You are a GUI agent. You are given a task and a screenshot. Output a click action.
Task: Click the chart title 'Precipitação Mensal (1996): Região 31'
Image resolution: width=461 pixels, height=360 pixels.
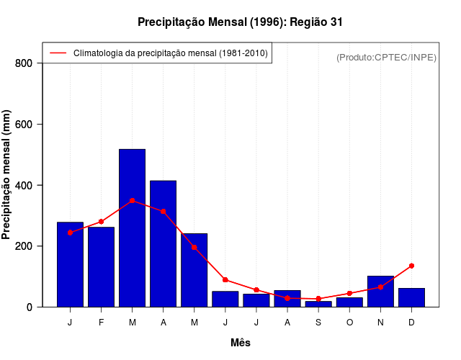pos(240,22)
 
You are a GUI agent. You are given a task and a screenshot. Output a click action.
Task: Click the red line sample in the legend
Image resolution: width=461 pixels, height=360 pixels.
pos(58,53)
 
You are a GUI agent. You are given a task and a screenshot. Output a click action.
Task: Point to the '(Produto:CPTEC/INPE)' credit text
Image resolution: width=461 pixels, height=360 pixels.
pos(386,57)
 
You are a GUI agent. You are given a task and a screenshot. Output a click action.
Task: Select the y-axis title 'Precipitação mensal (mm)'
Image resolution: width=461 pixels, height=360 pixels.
pos(6,175)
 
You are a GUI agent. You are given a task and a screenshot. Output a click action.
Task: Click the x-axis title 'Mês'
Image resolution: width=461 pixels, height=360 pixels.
pos(240,343)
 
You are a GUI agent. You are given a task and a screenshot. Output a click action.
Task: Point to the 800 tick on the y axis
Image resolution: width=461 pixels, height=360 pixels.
pos(24,63)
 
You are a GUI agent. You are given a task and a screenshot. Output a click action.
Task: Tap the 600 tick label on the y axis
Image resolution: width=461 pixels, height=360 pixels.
pos(24,125)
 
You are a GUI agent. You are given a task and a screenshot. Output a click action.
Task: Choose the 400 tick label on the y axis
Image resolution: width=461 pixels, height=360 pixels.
pos(24,186)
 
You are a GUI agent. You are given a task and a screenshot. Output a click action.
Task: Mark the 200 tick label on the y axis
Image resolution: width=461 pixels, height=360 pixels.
pos(24,246)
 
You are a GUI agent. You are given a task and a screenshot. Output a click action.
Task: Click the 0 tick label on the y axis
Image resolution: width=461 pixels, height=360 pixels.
pos(29,307)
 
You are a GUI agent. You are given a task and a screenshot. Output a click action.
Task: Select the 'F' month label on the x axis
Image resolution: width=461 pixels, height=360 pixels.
pos(101,323)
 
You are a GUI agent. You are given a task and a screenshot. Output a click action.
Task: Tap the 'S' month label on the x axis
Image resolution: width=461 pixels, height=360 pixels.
pos(318,323)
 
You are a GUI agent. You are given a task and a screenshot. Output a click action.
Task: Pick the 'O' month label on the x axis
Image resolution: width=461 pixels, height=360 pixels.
pos(349,323)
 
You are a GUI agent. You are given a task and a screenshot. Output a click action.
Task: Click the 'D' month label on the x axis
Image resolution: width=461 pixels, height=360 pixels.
pos(411,323)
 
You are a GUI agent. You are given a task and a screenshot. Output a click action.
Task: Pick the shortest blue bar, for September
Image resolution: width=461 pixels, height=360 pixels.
pos(318,304)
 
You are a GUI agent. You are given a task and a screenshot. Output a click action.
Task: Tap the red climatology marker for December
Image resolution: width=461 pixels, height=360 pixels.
pos(411,266)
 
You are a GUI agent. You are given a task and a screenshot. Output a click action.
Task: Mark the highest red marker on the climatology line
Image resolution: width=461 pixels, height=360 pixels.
pos(132,201)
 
